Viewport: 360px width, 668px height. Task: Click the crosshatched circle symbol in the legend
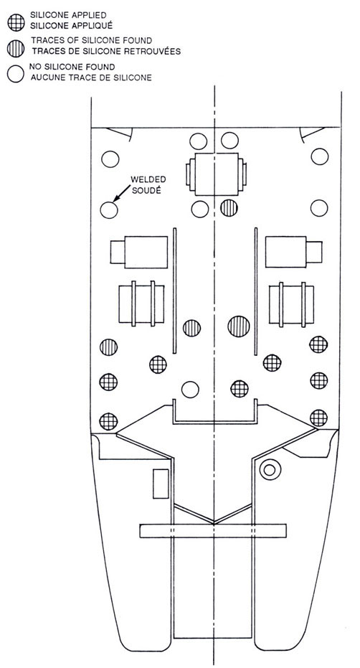tap(16, 22)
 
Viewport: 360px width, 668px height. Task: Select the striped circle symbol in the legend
tap(16, 48)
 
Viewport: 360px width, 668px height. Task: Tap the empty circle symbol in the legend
tap(15, 74)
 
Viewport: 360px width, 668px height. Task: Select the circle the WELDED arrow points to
tap(108, 210)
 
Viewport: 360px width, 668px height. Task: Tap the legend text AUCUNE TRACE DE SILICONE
tap(91, 78)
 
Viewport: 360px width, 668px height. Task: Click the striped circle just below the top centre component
tap(229, 207)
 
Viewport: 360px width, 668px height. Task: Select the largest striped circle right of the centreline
tap(239, 326)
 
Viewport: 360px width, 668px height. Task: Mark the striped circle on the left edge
tap(108, 347)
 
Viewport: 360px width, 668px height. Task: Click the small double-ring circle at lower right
tap(270, 470)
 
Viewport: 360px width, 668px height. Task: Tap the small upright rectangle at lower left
tap(161, 484)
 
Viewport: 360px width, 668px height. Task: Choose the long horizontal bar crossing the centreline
tap(213, 531)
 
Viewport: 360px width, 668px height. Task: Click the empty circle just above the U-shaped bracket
tap(190, 390)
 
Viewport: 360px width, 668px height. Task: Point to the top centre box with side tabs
tap(216, 174)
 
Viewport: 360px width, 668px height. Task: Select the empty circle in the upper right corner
tap(320, 156)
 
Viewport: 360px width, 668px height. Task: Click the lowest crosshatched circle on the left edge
tap(108, 421)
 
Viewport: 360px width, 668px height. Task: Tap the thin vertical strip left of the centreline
tap(174, 291)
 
